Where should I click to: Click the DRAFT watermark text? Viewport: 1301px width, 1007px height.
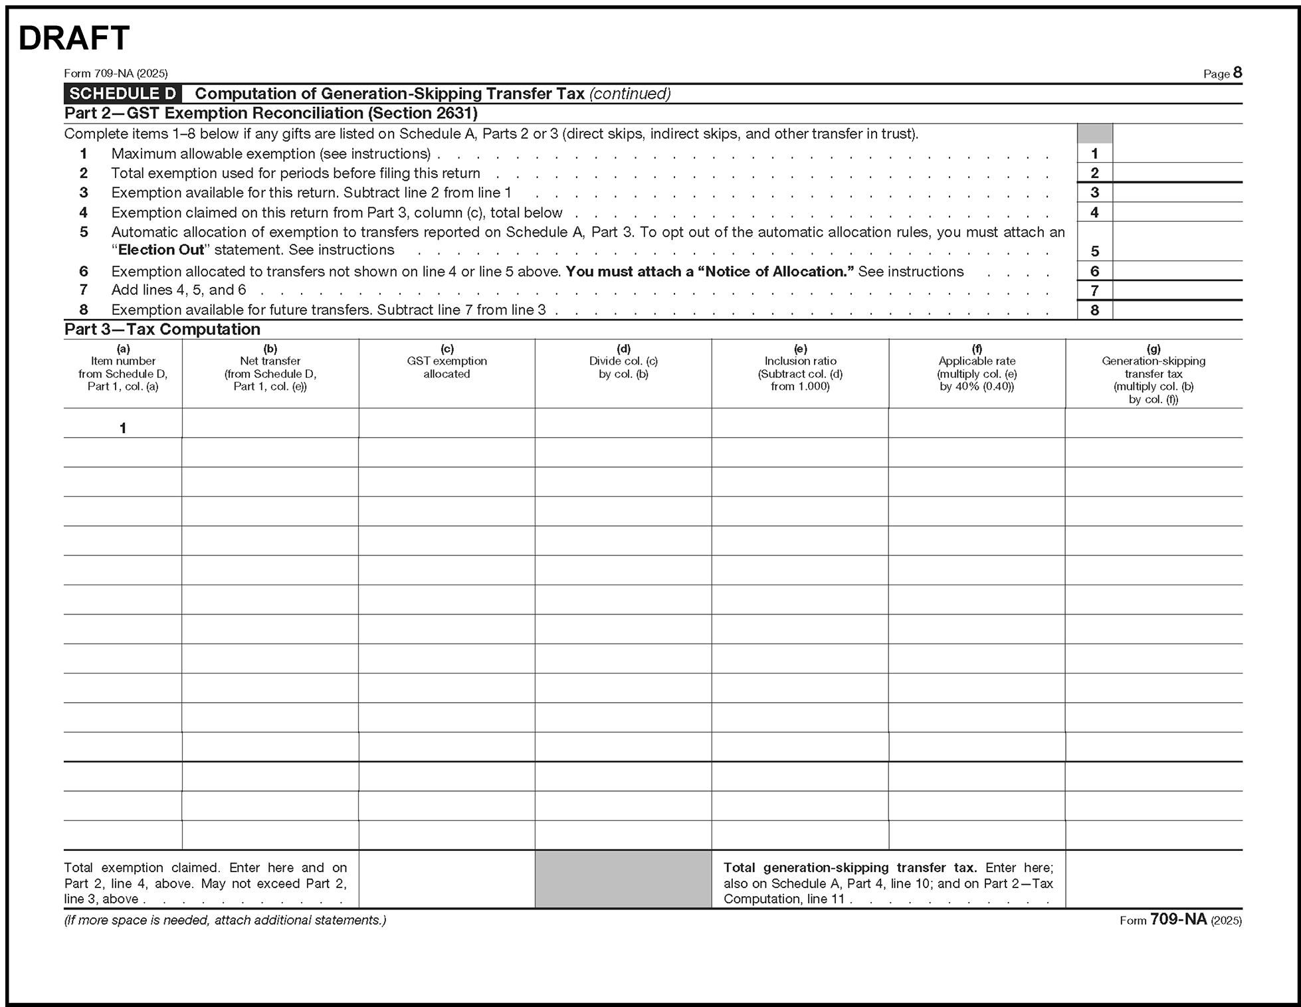click(74, 39)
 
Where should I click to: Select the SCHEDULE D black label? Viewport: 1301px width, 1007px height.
click(123, 94)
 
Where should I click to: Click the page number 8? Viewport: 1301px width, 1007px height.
click(1237, 72)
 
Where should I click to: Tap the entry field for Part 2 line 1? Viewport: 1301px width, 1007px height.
click(1177, 153)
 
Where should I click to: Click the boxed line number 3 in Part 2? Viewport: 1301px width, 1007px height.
click(1094, 193)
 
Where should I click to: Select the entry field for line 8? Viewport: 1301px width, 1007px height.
click(1177, 310)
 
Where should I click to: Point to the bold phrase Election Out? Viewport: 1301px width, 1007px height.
click(161, 250)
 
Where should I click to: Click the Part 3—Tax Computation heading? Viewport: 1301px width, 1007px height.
click(162, 329)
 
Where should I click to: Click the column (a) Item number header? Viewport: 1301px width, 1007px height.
click(123, 367)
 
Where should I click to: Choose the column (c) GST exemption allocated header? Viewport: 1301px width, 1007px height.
click(447, 361)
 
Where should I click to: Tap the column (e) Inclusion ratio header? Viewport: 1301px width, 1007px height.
click(800, 367)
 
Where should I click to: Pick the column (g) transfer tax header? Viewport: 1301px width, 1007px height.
click(1153, 374)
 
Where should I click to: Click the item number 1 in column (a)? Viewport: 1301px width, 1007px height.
click(123, 428)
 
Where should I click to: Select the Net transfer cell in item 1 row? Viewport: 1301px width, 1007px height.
click(270, 423)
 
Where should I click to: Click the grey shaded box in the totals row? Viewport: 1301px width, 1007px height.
click(623, 879)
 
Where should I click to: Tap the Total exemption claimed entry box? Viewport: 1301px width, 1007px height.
click(447, 879)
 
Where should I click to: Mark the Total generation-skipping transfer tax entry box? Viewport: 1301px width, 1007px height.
click(1153, 879)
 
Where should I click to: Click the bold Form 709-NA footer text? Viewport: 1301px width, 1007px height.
click(1179, 920)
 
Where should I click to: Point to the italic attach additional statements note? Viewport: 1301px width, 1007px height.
click(225, 921)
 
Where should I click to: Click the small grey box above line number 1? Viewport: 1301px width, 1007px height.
click(1094, 134)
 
